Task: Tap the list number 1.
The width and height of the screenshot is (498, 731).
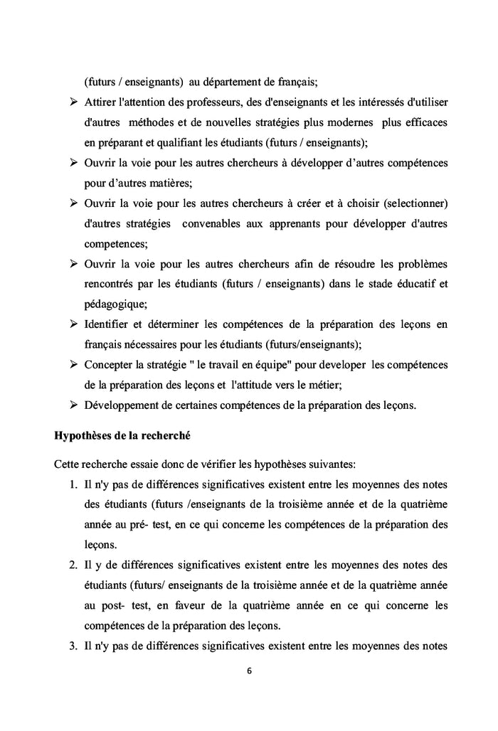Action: click(x=73, y=485)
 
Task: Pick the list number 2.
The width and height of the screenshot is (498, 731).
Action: click(x=73, y=565)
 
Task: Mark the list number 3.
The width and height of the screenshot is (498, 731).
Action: click(x=73, y=646)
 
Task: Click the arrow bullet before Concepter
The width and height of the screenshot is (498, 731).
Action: click(x=73, y=365)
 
